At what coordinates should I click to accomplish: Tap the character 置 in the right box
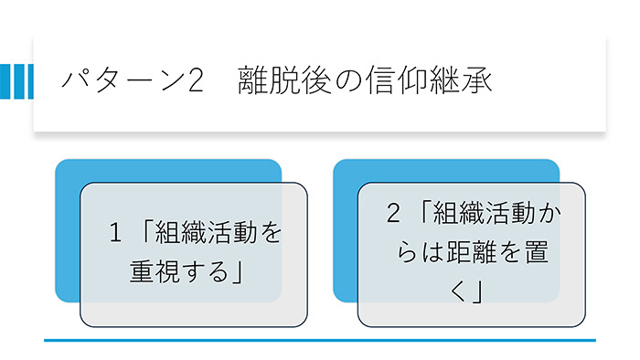click(x=537, y=253)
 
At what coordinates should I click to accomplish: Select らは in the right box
click(x=401, y=253)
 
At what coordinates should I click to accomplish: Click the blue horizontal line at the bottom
click(x=320, y=340)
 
